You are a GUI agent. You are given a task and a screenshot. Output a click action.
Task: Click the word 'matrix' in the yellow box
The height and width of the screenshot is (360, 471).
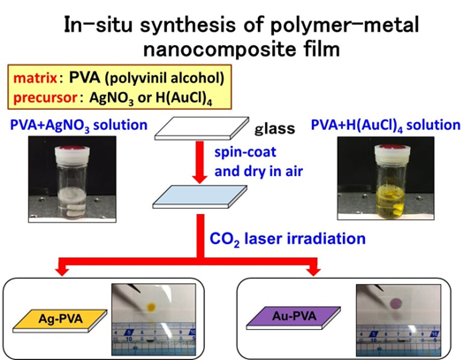click(35, 78)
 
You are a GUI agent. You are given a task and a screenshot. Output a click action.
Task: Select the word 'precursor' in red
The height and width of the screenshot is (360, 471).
click(45, 97)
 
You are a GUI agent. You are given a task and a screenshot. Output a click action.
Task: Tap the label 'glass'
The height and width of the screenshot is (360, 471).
click(275, 129)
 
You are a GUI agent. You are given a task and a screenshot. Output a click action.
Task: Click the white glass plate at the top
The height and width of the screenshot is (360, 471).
click(201, 128)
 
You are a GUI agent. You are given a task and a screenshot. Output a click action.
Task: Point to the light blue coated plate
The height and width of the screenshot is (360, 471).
click(200, 196)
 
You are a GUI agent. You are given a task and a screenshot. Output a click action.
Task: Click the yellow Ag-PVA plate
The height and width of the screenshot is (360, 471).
click(60, 320)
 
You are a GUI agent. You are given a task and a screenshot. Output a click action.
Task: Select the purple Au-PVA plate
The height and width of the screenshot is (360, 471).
click(293, 318)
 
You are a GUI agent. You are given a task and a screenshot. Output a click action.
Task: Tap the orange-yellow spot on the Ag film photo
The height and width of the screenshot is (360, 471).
click(151, 307)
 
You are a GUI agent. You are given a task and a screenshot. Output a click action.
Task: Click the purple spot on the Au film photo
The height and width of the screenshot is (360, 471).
click(396, 303)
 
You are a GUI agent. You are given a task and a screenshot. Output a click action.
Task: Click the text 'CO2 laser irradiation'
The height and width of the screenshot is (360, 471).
click(287, 239)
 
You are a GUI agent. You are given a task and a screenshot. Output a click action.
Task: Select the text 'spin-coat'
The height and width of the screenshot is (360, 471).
click(245, 152)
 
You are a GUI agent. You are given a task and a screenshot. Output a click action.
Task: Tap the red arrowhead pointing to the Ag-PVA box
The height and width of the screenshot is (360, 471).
click(63, 271)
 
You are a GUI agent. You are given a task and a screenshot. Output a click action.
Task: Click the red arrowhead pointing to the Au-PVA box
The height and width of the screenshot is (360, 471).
click(314, 271)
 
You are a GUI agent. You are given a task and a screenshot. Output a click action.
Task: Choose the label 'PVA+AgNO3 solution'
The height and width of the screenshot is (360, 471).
click(79, 126)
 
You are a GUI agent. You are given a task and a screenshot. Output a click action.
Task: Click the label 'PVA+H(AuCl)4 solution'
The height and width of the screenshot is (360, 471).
click(385, 126)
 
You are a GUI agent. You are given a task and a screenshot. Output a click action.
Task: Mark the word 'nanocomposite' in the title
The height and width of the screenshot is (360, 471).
click(219, 50)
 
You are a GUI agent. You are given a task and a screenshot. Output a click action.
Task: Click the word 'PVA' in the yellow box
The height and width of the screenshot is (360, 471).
click(85, 78)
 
